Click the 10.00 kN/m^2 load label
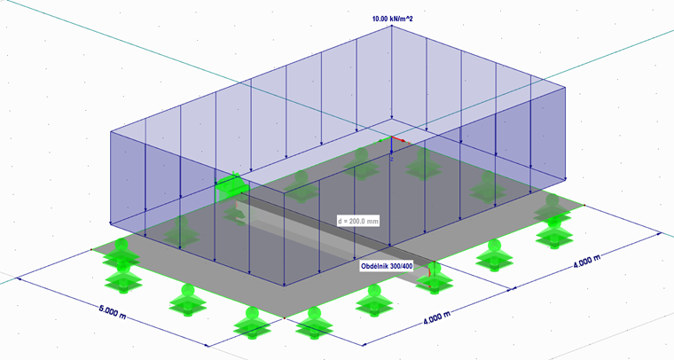coord(392,19)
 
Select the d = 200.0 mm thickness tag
coord(358,222)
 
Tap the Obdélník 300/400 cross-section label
coord(387,266)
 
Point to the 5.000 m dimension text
coord(113,312)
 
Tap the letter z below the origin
coord(392,159)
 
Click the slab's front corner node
coord(284,318)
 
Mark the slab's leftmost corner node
coord(91,249)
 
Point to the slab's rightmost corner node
coord(584,206)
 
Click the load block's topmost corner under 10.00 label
coord(392,26)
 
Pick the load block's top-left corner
coord(111,131)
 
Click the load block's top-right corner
coord(565,87)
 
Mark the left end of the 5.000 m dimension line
coord(18,278)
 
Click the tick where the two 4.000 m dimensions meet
coord(512,289)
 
